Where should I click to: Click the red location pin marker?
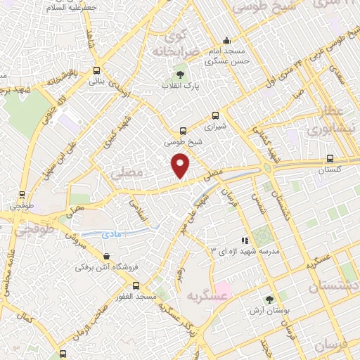181,165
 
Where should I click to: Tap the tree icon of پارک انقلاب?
180,74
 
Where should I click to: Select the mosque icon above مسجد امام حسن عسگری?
226,41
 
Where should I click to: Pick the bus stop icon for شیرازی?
215,116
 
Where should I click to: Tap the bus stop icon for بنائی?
96,70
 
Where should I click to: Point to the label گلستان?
329,170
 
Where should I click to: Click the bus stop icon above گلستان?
329,158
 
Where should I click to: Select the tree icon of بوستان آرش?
269,299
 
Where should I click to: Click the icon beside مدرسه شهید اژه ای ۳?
244,240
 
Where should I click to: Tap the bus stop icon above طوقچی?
22,195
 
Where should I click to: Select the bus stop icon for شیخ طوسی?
184,131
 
